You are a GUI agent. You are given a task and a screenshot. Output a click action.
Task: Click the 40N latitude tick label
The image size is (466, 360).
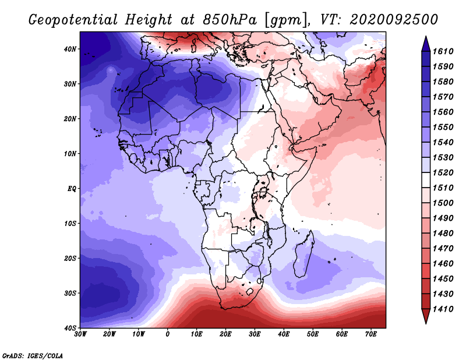(70, 49)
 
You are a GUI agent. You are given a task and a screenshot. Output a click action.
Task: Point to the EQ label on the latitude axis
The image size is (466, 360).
(71, 188)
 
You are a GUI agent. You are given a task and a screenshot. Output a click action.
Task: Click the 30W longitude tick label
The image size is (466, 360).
(80, 334)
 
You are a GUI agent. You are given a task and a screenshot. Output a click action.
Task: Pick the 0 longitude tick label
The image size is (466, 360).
(168, 334)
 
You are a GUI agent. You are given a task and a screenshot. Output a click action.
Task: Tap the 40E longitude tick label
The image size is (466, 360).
(284, 334)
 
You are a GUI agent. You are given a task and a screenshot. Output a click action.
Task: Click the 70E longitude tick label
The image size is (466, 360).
(371, 334)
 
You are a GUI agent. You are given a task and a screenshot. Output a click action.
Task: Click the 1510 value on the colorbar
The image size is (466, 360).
(447, 188)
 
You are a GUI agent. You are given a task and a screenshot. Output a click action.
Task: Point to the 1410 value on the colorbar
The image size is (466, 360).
(447, 310)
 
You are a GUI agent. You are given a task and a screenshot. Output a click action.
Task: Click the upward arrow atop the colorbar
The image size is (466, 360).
(426, 43)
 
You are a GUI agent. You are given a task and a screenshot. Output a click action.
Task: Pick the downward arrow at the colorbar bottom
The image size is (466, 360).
(426, 317)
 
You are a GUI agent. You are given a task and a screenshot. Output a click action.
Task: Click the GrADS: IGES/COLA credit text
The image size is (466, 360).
(33, 355)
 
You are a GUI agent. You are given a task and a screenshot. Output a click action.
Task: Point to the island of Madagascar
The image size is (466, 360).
(303, 256)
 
